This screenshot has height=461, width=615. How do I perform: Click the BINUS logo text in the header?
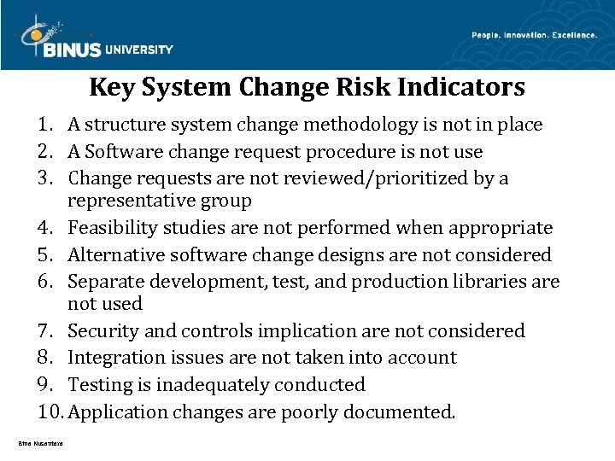(x=71, y=49)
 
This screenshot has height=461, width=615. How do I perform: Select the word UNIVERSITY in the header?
(x=140, y=50)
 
